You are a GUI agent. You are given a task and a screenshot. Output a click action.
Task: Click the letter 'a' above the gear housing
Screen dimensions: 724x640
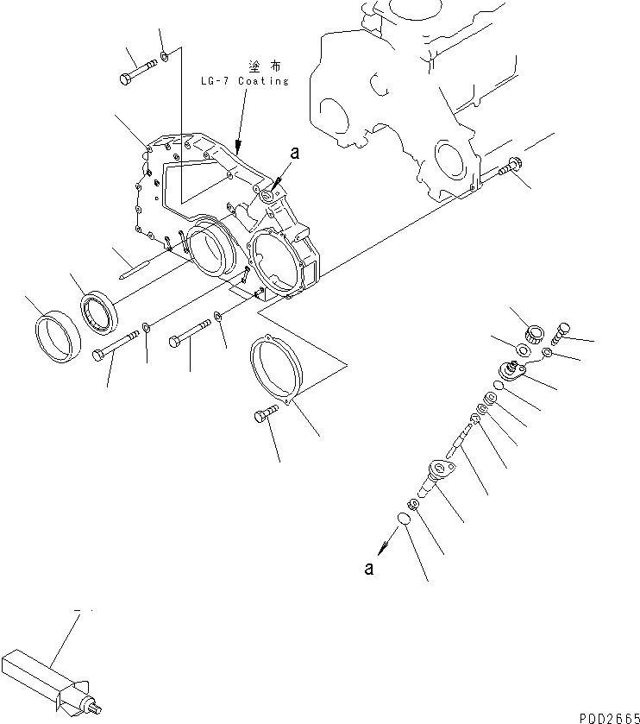tap(295, 153)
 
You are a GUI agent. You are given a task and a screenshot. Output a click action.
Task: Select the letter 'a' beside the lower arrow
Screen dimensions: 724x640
tap(369, 569)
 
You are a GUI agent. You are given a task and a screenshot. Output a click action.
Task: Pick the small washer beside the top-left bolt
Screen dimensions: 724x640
tap(166, 60)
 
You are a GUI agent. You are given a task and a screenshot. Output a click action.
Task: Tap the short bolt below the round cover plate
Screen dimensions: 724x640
tap(267, 416)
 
